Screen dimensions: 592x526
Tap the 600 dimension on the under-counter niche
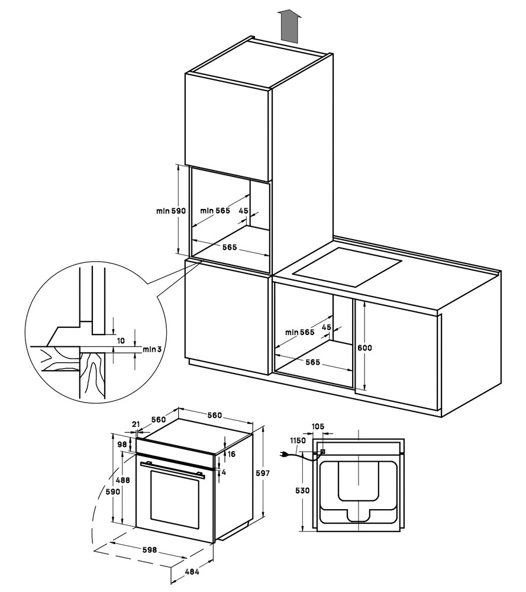(x=364, y=348)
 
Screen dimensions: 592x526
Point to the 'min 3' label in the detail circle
(x=152, y=349)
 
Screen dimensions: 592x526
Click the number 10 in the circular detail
(x=121, y=341)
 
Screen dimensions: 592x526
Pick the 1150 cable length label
(x=298, y=440)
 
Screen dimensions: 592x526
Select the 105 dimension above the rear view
(x=318, y=426)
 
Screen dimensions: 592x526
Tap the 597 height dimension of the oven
(x=263, y=474)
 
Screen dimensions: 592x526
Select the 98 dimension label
(x=122, y=444)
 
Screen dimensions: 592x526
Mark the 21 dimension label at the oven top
(x=135, y=424)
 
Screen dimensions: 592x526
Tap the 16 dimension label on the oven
(x=231, y=454)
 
